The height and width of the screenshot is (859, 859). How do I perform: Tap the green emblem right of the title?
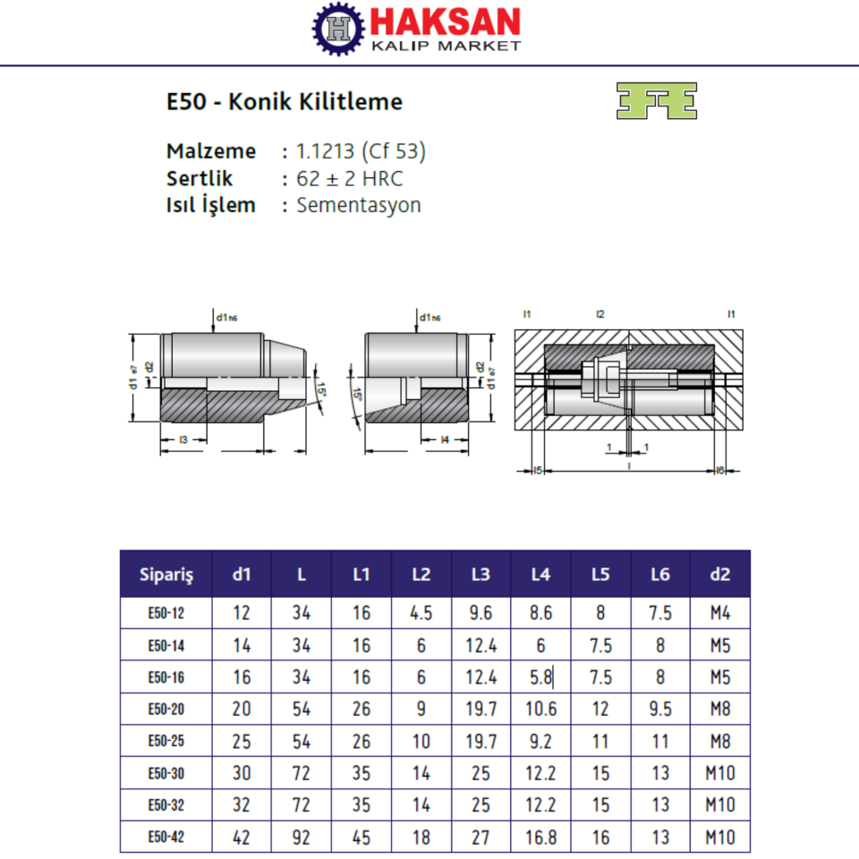656,101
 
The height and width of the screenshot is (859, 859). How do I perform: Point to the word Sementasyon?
358,205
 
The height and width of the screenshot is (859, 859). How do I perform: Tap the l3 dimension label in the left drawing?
183,439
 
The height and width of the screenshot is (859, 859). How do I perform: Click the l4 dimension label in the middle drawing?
445,439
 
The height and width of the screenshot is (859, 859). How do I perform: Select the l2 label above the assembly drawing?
600,314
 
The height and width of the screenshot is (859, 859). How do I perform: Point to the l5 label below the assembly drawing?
538,471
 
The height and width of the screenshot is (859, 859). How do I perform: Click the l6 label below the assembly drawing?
720,471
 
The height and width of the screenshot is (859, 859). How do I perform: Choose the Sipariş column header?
166,574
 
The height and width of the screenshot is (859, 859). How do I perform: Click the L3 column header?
481,574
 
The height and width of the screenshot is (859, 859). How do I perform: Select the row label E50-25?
166,741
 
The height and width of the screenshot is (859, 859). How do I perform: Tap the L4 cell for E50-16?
540,677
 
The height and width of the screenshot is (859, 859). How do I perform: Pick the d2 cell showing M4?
719,613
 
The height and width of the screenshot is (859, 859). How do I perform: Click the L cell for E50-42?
302,837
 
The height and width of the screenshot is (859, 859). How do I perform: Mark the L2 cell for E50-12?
421,613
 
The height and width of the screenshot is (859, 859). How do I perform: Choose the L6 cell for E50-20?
659,710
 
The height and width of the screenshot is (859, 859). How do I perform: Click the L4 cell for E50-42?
540,837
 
